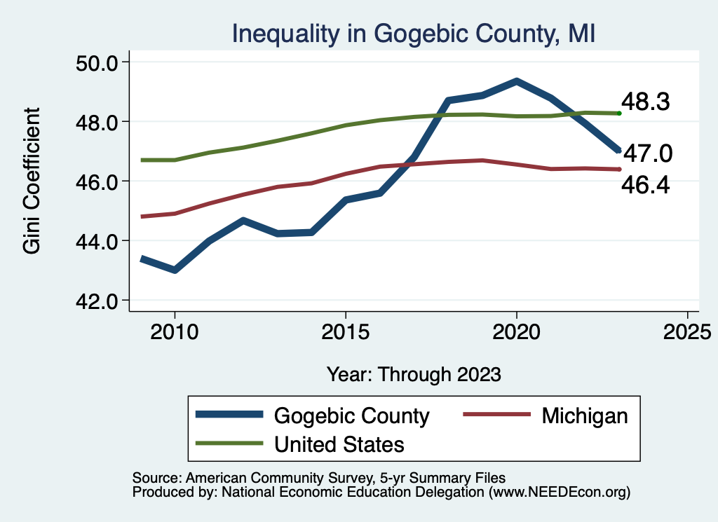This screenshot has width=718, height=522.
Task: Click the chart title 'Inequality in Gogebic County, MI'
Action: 414,33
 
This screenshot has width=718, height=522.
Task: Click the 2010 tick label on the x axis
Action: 175,330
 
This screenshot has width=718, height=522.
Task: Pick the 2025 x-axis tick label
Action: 687,330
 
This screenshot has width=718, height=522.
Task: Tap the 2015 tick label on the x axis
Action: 346,330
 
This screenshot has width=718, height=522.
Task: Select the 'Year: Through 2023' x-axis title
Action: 414,374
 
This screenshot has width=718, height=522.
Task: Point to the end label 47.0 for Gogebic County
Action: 649,153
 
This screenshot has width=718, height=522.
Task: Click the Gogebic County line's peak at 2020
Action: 517,81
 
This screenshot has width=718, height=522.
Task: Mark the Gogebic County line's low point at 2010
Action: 175,270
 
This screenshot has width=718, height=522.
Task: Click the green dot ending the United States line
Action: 619,113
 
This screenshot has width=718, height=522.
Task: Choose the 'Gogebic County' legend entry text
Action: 351,415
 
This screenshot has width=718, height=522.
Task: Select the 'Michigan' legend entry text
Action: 584,415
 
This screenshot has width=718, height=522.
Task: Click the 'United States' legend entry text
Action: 339,444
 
